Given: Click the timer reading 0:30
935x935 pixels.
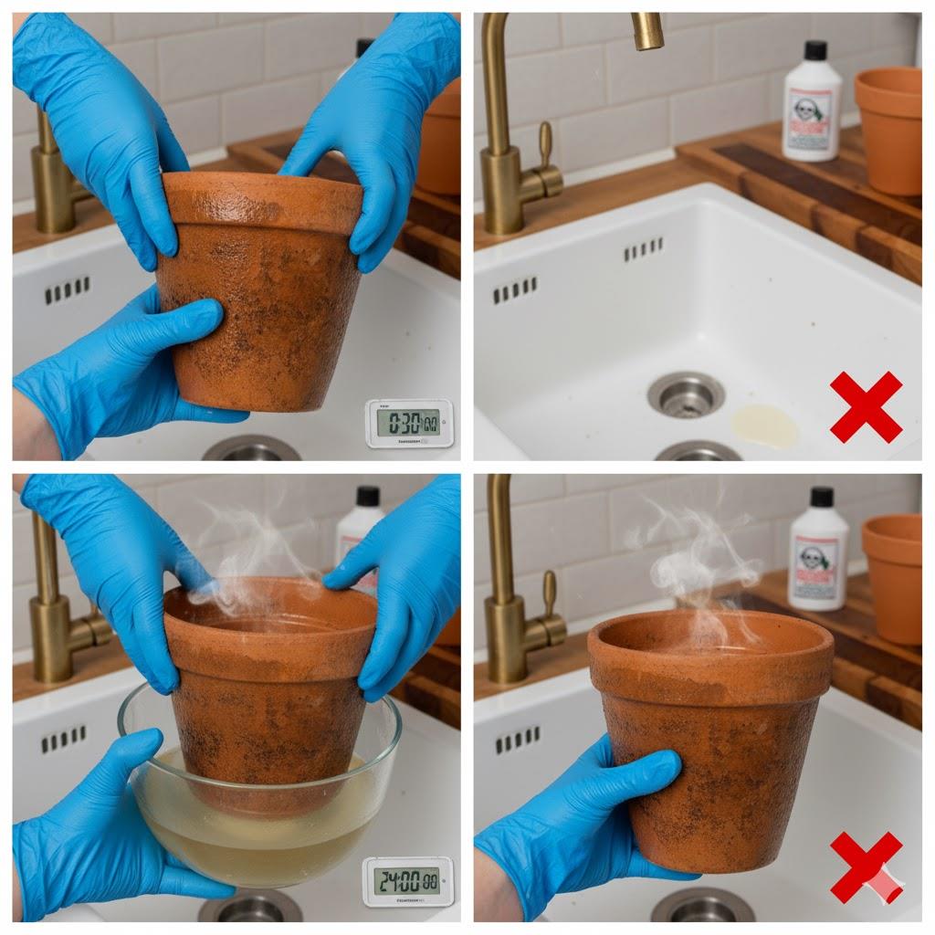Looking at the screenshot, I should [x=409, y=423].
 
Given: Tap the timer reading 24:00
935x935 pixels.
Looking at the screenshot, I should [x=407, y=882].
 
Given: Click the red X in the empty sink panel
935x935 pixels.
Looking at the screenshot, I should [x=866, y=406].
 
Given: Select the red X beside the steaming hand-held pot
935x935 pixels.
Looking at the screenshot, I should [x=865, y=867].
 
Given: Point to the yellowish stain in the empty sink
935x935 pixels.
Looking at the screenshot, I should [x=764, y=426].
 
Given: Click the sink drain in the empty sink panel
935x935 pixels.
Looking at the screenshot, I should [x=686, y=394].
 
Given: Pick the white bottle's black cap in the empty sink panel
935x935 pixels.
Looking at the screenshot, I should [x=816, y=50].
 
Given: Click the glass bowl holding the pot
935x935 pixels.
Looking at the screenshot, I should [x=259, y=804].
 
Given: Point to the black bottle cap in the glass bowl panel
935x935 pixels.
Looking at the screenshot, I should [x=368, y=496].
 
